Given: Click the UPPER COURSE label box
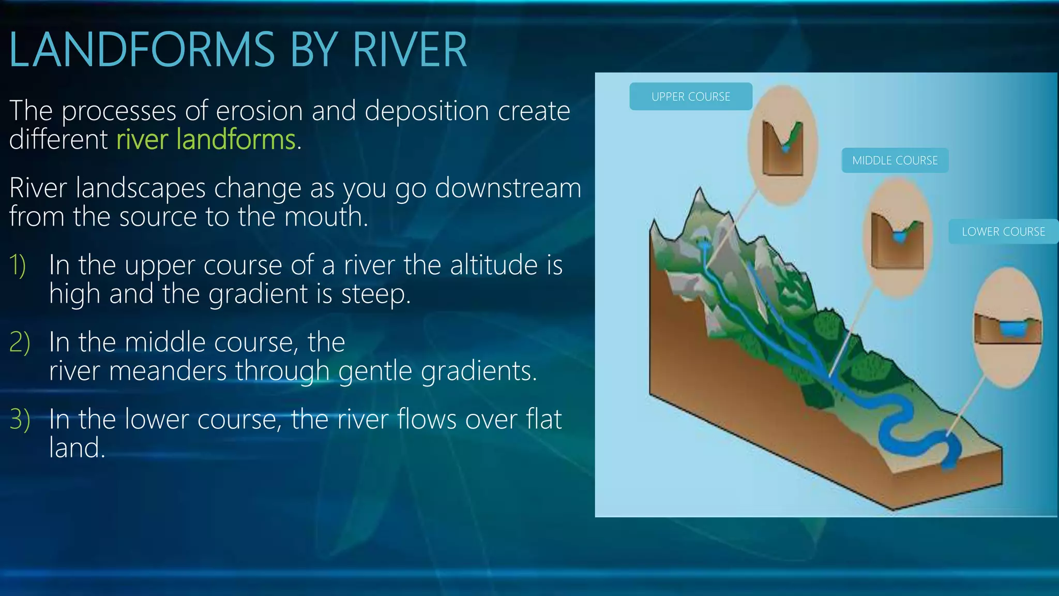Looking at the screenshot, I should coord(690,97).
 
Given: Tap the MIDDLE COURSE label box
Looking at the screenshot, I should coord(895,160).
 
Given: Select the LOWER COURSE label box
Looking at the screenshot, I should coord(1003,232).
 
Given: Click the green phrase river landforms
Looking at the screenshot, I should coord(206,140).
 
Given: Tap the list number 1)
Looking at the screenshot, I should coord(18,265).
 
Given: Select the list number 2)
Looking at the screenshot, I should coord(20,342).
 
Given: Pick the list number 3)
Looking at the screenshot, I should coord(20,419).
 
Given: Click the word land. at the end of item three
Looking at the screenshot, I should coord(77,448).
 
